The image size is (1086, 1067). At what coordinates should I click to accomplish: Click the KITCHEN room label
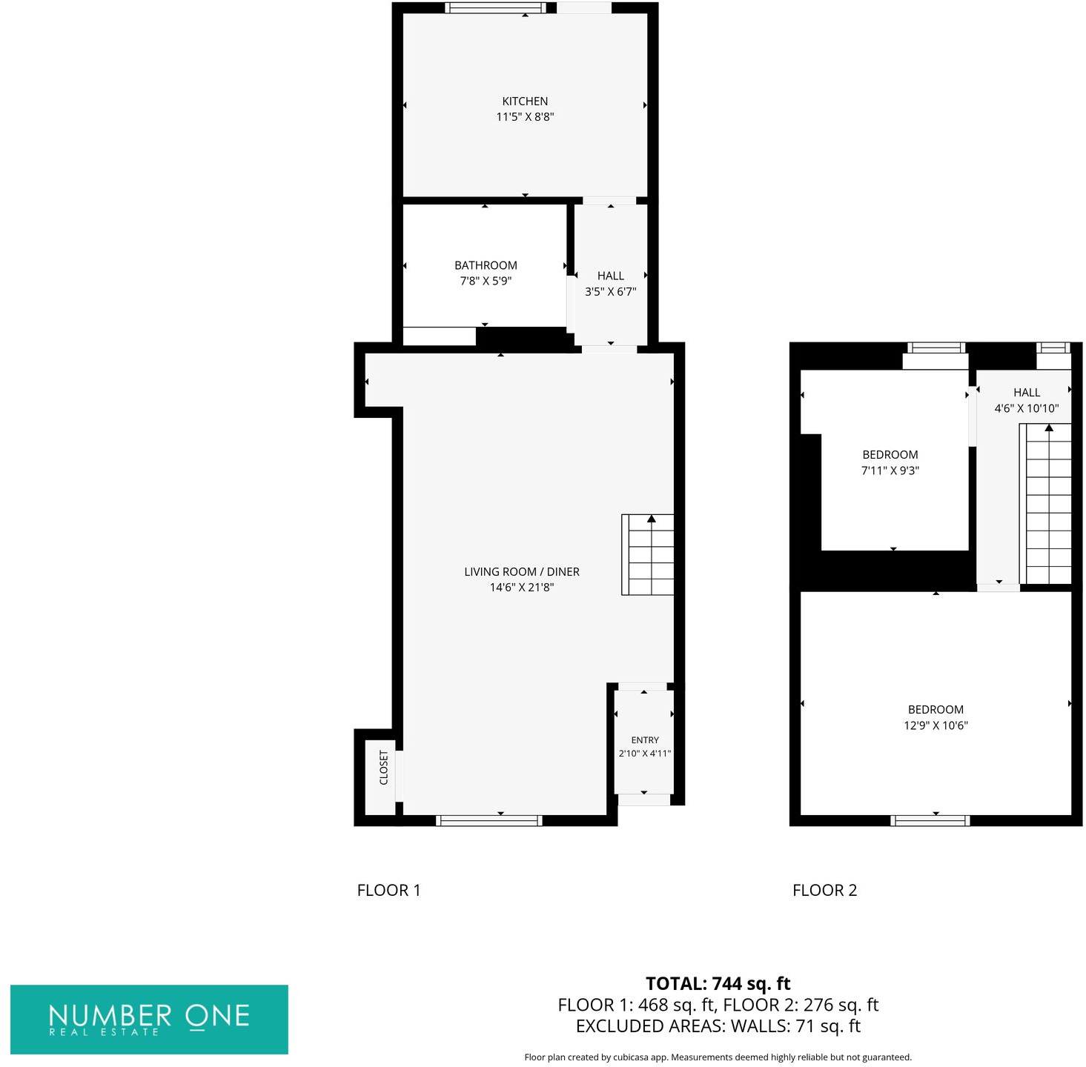(525, 102)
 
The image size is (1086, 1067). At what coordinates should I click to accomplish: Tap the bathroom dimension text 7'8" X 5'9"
(486, 281)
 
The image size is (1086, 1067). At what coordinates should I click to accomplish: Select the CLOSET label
(383, 768)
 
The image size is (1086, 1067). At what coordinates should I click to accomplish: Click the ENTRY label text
(645, 740)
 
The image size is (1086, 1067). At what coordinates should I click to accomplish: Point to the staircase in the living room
(648, 555)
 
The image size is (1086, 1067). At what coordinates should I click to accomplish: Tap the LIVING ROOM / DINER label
(522, 572)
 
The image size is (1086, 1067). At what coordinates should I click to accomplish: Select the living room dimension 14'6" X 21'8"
(522, 588)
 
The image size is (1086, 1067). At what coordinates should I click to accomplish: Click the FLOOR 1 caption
(388, 890)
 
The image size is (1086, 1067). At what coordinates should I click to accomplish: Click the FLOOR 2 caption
(824, 890)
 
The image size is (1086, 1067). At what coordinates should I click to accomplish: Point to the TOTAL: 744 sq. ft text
(718, 983)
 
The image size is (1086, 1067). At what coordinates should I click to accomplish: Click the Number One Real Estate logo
(149, 1020)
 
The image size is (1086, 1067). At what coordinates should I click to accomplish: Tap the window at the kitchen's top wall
(495, 8)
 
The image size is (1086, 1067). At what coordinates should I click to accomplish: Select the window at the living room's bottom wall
(489, 820)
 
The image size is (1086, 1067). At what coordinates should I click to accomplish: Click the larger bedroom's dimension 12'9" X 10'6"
(936, 725)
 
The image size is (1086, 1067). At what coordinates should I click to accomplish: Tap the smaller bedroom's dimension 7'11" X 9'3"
(890, 471)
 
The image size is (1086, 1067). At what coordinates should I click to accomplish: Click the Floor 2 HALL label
(1027, 393)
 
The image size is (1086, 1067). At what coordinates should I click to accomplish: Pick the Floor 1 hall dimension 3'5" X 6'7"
(610, 292)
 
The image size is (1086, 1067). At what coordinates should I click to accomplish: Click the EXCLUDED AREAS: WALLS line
(718, 1026)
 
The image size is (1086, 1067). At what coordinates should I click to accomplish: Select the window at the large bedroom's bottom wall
(930, 820)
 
